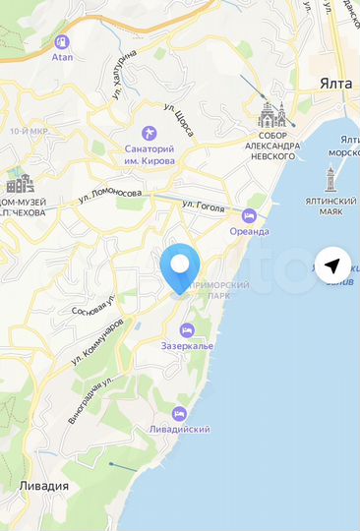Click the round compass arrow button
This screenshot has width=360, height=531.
click(x=335, y=265)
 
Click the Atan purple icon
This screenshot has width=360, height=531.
click(x=62, y=42)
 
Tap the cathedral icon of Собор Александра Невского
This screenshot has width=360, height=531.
click(x=271, y=117)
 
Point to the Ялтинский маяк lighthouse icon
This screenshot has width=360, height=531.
click(x=331, y=180)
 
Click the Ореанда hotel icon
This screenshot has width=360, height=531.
click(x=249, y=215)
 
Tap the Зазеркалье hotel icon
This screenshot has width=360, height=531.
click(x=188, y=329)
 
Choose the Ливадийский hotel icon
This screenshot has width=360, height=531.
click(x=179, y=413)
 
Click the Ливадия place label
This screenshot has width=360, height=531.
click(x=43, y=486)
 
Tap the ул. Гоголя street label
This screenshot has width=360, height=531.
click(x=204, y=206)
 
